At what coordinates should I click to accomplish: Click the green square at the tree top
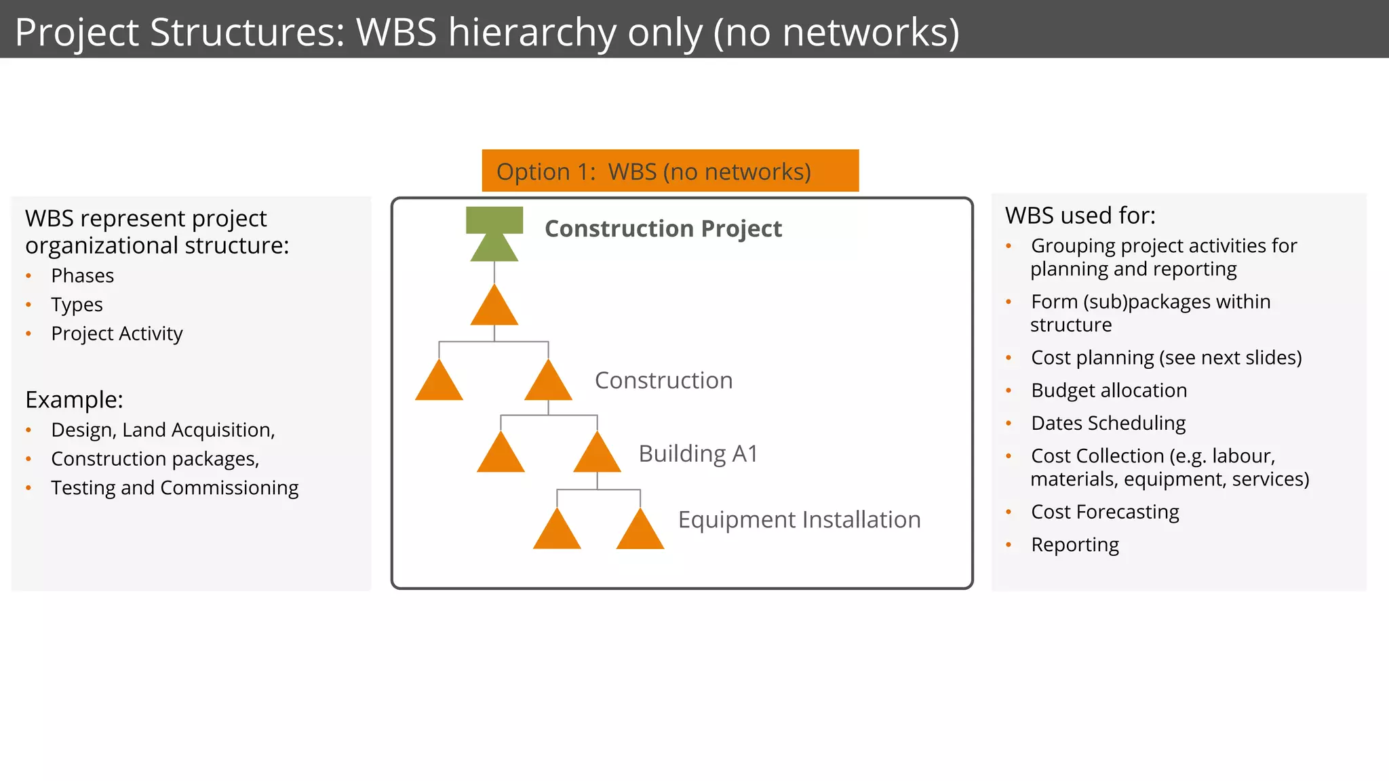pyautogui.click(x=494, y=220)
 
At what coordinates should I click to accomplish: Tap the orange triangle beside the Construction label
pyautogui.click(x=548, y=382)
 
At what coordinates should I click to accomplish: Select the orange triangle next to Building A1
pyautogui.click(x=597, y=455)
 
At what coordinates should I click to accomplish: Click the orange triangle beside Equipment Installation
pyautogui.click(x=640, y=531)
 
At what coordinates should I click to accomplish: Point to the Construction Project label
pyautogui.click(x=663, y=229)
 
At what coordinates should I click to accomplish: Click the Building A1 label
pyautogui.click(x=698, y=454)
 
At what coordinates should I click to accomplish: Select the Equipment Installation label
pyautogui.click(x=799, y=520)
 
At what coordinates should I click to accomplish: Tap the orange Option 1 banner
pyautogui.click(x=669, y=171)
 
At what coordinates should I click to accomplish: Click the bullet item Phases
pyautogui.click(x=83, y=276)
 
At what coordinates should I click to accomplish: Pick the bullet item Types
pyautogui.click(x=77, y=305)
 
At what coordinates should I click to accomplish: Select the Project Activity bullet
pyautogui.click(x=117, y=334)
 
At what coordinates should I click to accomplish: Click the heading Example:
pyautogui.click(x=74, y=400)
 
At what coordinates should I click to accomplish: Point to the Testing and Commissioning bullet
pyautogui.click(x=174, y=488)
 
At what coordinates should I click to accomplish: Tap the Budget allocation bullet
pyautogui.click(x=1108, y=390)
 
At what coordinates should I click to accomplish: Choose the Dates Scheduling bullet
pyautogui.click(x=1108, y=423)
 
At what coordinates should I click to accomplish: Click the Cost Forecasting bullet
pyautogui.click(x=1105, y=512)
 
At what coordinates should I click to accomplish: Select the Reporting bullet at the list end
pyautogui.click(x=1074, y=545)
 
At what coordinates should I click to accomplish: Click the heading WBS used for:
pyautogui.click(x=1080, y=216)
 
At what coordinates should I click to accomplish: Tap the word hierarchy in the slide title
pyautogui.click(x=532, y=33)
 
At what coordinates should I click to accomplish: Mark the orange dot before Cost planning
pyautogui.click(x=1009, y=358)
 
